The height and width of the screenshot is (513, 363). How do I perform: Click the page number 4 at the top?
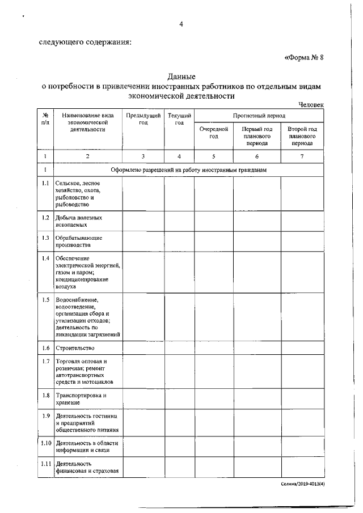pyautogui.click(x=181, y=24)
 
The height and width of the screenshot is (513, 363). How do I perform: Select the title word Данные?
pyautogui.click(x=181, y=76)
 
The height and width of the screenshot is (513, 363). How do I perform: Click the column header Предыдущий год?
pyautogui.click(x=143, y=119)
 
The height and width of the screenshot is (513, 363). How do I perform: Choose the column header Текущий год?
pyautogui.click(x=179, y=119)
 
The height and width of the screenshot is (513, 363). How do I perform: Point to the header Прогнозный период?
pyautogui.click(x=259, y=115)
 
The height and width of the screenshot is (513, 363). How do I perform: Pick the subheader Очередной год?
pyautogui.click(x=214, y=133)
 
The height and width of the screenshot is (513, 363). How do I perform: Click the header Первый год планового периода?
pyautogui.click(x=257, y=137)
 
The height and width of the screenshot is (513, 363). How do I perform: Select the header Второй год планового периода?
pyautogui.click(x=302, y=137)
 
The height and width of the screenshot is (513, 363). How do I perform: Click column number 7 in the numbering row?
pyautogui.click(x=302, y=156)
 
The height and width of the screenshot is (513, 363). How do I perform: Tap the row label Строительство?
pyautogui.click(x=75, y=348)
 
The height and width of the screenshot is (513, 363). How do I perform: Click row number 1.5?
pyautogui.click(x=45, y=300)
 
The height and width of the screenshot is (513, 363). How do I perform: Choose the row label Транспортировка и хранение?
pyautogui.click(x=81, y=398)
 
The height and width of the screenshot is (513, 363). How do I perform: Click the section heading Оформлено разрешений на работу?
pyautogui.click(x=188, y=169)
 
